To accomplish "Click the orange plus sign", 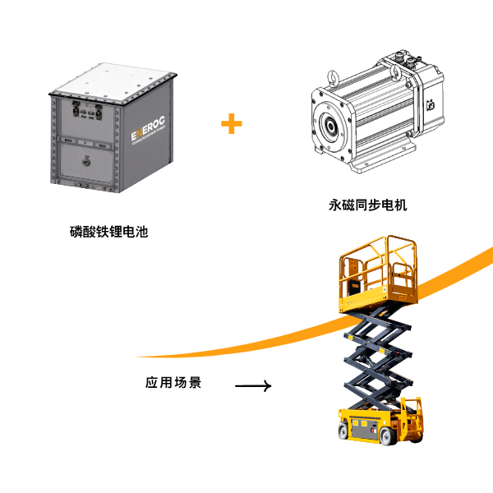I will tap(232, 124).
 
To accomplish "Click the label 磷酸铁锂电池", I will tap(109, 232).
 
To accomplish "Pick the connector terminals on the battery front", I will tap(83, 112).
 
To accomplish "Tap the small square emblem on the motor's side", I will tap(428, 104).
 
